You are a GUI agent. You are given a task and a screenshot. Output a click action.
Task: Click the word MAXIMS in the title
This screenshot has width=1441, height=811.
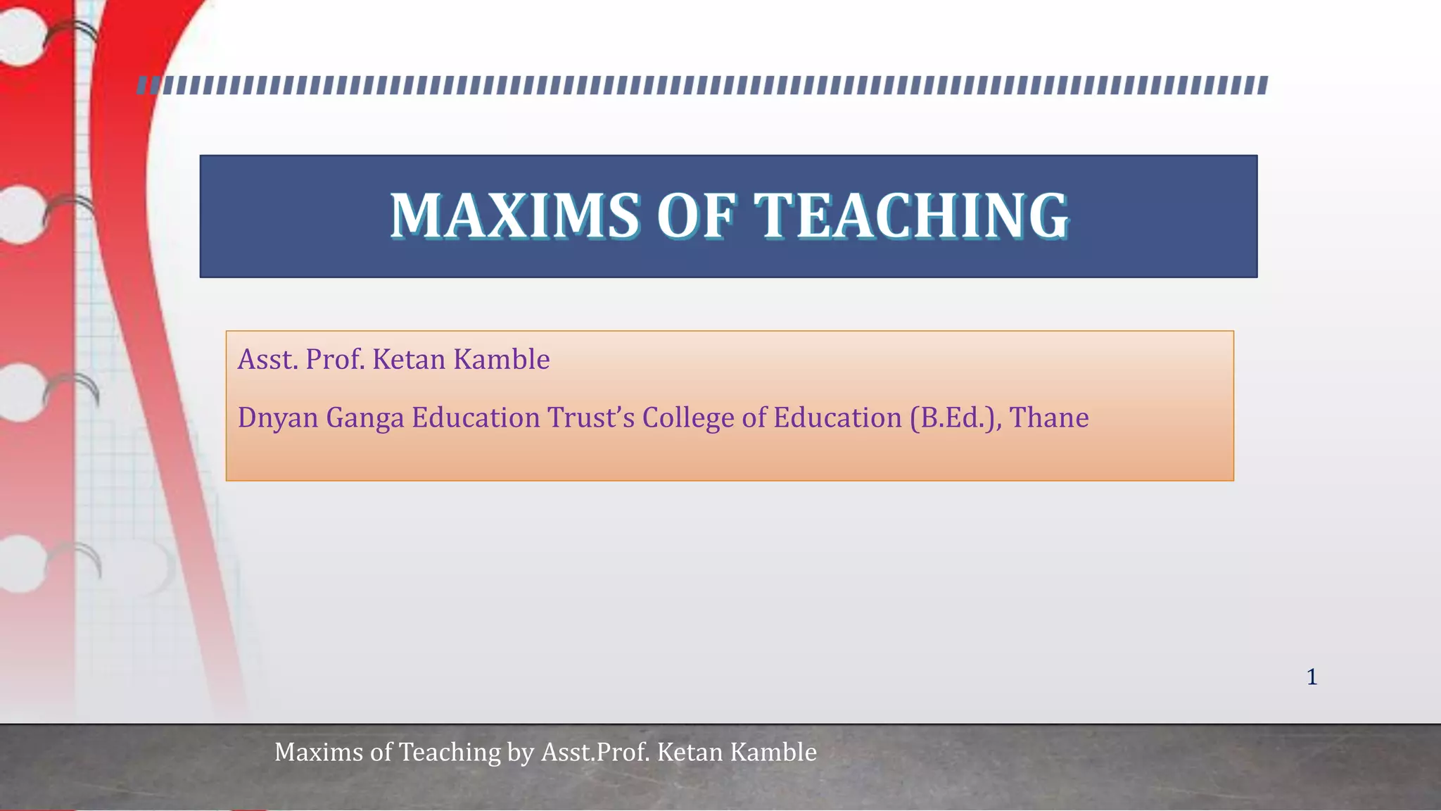[x=514, y=215]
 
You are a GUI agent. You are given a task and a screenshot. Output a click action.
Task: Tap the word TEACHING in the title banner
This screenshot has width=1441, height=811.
[x=911, y=215]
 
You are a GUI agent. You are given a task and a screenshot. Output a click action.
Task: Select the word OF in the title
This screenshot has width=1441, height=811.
[x=696, y=215]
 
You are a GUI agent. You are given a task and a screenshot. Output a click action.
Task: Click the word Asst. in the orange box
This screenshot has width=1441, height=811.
[x=267, y=360]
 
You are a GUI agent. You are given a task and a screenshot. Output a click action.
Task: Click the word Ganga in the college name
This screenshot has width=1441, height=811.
[x=365, y=418]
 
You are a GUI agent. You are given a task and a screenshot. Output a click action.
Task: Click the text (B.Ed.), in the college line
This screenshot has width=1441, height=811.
[x=955, y=418]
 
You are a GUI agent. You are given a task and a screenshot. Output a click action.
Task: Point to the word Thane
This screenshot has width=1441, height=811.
[x=1049, y=418]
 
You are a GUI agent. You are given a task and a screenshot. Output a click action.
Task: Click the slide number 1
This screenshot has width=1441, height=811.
[x=1312, y=677]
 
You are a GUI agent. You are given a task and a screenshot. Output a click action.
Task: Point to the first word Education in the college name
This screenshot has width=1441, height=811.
[x=476, y=418]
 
